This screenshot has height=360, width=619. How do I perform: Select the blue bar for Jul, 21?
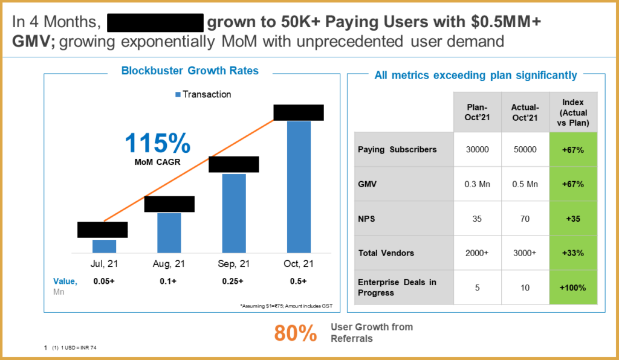104,246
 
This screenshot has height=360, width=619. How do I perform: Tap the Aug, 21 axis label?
169,264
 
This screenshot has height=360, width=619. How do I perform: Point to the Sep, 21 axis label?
233,264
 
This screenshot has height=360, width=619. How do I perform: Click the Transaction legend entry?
203,94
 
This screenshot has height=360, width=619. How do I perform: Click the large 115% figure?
157,144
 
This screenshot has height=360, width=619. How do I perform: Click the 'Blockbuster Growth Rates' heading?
190,71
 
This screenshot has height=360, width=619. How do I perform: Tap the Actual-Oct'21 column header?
525,112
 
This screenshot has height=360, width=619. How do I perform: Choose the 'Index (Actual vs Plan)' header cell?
573,112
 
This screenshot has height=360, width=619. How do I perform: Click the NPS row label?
366,219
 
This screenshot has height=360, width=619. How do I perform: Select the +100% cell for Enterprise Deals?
573,288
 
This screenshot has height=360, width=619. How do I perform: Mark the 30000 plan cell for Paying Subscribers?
477,150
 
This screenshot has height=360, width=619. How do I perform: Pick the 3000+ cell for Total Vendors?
525,253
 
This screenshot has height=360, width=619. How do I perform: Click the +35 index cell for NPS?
573,219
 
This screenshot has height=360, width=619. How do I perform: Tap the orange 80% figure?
296,333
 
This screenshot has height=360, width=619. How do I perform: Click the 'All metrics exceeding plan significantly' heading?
475,76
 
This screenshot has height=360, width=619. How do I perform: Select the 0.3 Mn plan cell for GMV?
477,184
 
